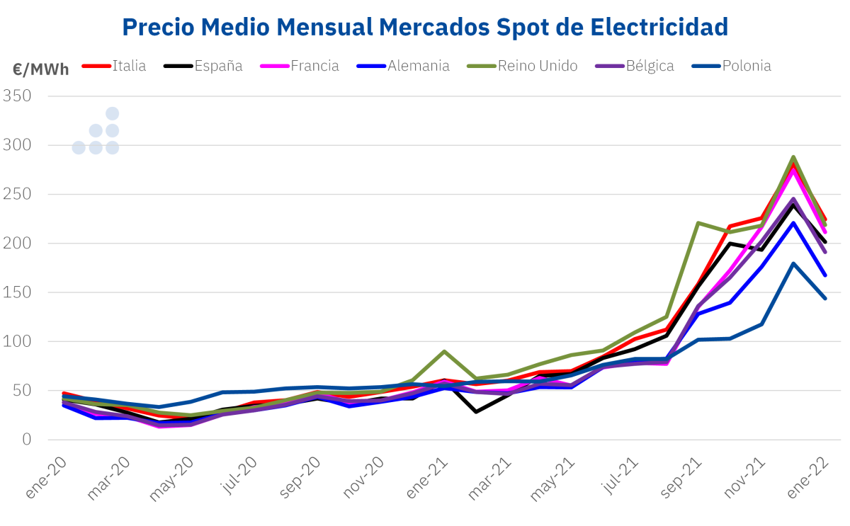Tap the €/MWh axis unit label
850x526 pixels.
coord(41,69)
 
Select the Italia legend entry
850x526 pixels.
coord(129,66)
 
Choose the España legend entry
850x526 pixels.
coord(218,66)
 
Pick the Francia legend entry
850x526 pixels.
coord(314,66)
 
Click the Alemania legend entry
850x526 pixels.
coord(419,66)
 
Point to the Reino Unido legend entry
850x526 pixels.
coord(538,66)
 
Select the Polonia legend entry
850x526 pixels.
coord(747,66)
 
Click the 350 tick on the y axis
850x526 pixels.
coord(18,96)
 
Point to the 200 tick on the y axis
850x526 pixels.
coord(18,244)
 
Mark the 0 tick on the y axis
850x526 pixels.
coord(27,440)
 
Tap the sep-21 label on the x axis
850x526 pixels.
coord(682,476)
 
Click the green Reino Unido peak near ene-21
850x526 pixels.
coord(444,351)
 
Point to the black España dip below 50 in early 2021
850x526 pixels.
coord(476,411)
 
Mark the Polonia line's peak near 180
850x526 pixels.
coord(793,263)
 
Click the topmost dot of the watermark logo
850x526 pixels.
coord(112,114)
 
